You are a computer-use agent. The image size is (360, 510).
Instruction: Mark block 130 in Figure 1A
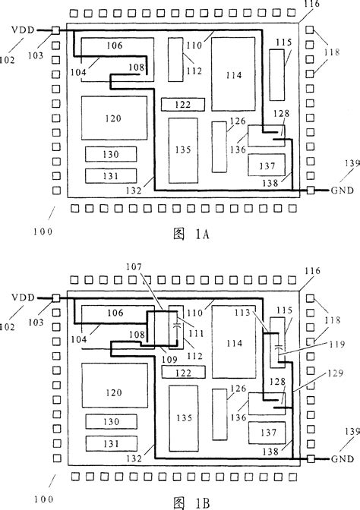111,154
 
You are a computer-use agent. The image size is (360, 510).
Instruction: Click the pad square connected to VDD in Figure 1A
56,30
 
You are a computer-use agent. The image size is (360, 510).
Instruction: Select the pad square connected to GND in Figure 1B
309,458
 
